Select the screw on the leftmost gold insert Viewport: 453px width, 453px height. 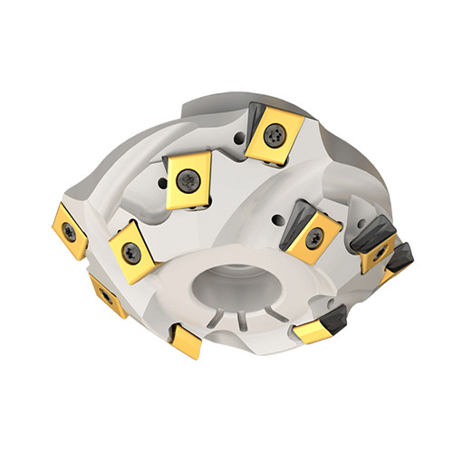(70, 231)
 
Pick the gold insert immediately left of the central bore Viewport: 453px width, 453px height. (131, 253)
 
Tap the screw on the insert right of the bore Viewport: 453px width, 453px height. (314, 238)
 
